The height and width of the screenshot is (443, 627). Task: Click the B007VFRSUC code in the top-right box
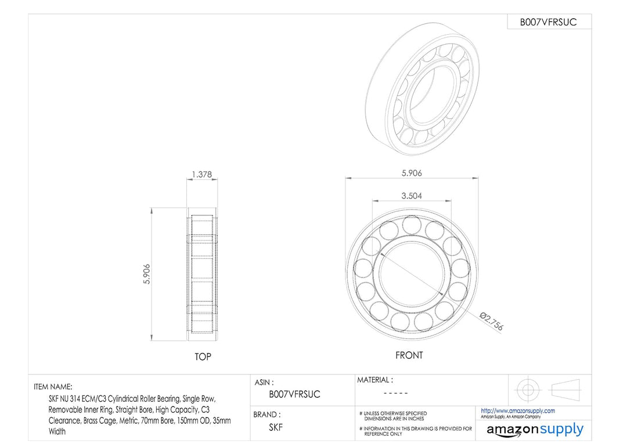coord(548,23)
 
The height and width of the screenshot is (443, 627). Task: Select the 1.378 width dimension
coord(201,174)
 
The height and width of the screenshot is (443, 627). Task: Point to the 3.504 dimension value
coord(411,196)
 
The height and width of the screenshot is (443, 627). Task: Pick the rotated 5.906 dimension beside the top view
coord(147,274)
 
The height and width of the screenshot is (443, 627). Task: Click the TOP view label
coord(203,356)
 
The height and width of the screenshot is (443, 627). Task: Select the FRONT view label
coord(409,355)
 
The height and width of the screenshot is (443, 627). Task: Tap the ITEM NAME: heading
coord(53,387)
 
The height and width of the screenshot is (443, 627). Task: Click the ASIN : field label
coord(264,383)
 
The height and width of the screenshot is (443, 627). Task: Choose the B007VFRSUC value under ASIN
coord(294,394)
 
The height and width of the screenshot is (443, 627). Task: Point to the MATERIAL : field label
coord(374,380)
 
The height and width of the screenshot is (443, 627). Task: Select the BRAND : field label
coord(266,415)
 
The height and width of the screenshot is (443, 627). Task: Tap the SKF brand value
coord(276,427)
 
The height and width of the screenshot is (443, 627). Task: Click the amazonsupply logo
coord(535,430)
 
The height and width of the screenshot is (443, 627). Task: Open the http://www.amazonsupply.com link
coord(517,410)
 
